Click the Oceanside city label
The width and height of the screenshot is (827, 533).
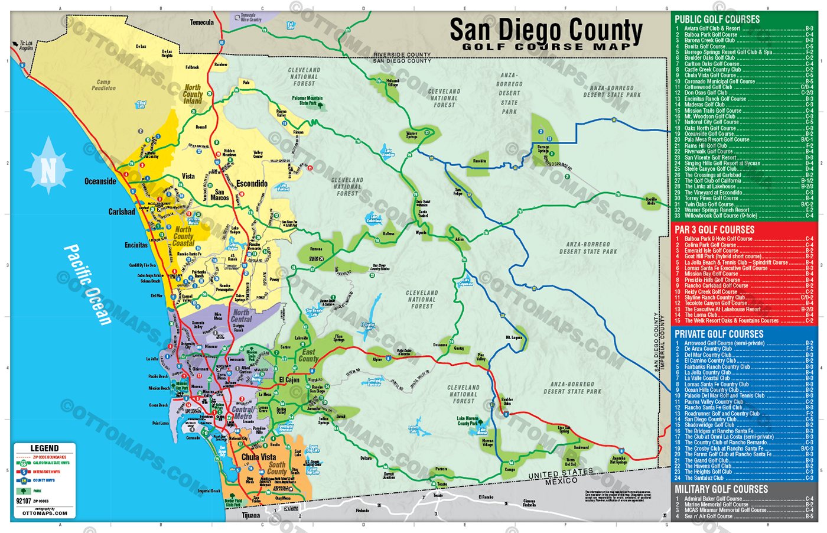100,181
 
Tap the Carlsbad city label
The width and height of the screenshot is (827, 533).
121,212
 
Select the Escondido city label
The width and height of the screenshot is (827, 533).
252,184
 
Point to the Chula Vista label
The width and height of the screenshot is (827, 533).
258,457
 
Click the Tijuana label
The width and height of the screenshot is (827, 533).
250,515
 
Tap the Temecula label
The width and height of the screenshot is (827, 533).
201,22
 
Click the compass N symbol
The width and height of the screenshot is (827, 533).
48,170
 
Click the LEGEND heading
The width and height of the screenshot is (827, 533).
44,448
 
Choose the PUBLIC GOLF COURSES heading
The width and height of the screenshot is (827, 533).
717,19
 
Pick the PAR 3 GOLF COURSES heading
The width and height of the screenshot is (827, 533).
714,230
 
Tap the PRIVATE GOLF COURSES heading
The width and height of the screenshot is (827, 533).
719,334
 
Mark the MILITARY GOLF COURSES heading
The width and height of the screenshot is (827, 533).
721,489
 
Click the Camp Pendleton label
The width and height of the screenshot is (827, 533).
103,85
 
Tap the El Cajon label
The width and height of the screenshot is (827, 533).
289,380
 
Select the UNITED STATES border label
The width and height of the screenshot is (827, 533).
560,473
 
